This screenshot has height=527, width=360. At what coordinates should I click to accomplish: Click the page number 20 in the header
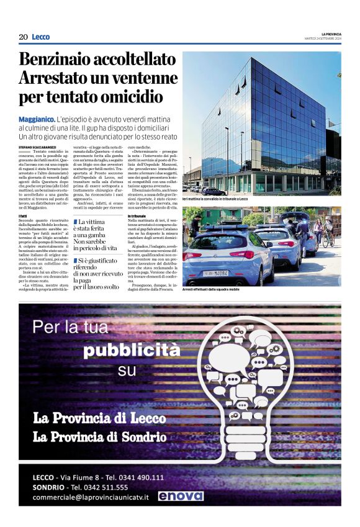[x=23, y=37]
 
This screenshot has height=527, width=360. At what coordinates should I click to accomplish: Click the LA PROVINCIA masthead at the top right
[x=331, y=34]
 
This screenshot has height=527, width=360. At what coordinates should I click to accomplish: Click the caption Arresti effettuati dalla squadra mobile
[x=212, y=289]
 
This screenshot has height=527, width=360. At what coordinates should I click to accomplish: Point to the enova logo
[x=180, y=496]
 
